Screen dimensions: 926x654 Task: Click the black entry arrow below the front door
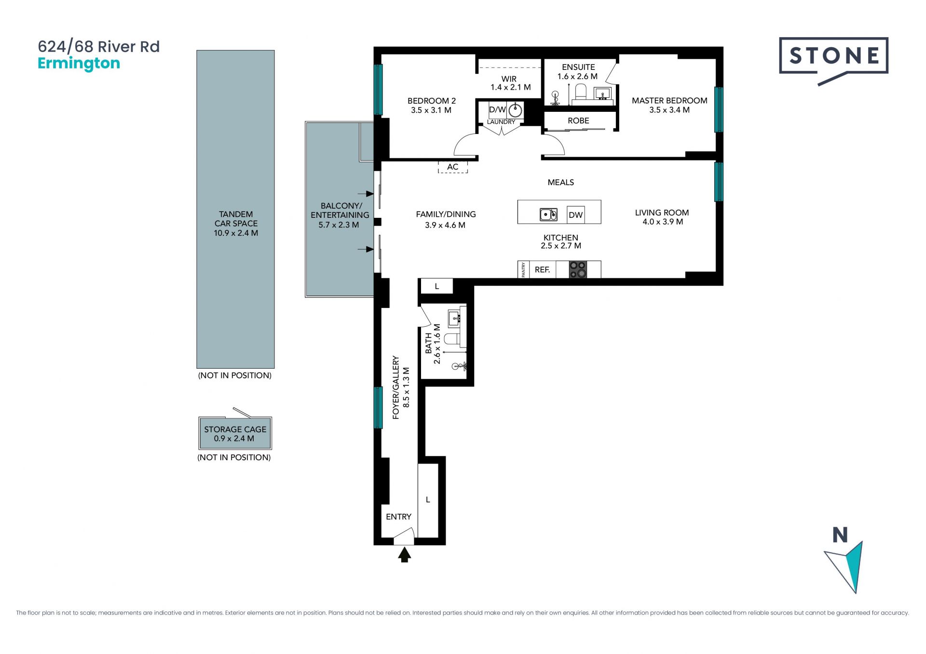(x=405, y=555)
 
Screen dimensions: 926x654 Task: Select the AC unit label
(x=452, y=167)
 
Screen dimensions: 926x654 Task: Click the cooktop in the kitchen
(x=578, y=269)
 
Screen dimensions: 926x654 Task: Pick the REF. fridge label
(x=542, y=270)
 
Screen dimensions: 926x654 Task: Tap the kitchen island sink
(x=548, y=214)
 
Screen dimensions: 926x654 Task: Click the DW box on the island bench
(x=575, y=214)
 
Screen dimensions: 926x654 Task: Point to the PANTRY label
(x=523, y=269)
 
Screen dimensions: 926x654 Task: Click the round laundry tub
(x=515, y=110)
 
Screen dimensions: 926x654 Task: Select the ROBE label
(x=578, y=120)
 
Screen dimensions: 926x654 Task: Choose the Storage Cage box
(x=235, y=433)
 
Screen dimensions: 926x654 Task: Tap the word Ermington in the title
(x=79, y=64)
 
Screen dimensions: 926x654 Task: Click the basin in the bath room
(x=454, y=319)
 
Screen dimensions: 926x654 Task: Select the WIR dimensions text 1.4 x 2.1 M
(x=510, y=87)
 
